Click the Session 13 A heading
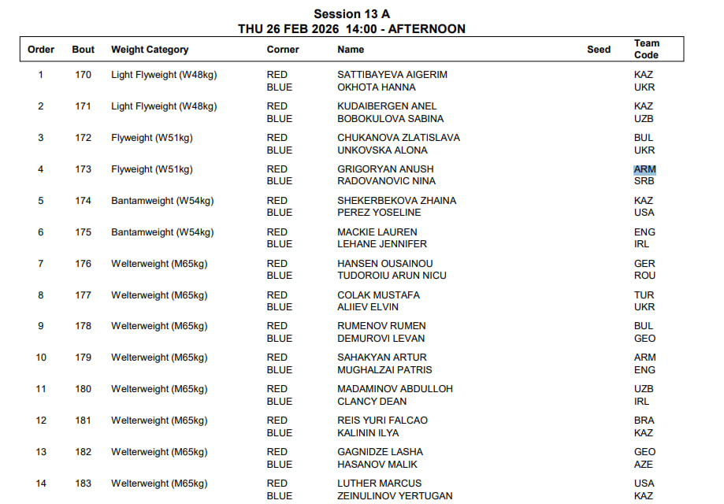click(351, 14)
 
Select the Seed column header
click(599, 50)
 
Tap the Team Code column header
click(646, 49)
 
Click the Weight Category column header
click(150, 50)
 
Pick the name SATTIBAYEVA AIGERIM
click(392, 75)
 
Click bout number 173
click(83, 169)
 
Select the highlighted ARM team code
click(644, 169)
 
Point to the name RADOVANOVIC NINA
click(386, 181)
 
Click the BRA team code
click(644, 421)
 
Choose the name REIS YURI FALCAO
click(382, 421)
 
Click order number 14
click(41, 484)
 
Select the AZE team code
click(644, 465)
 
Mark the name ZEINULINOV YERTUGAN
click(395, 496)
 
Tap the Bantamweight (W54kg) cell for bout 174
click(162, 201)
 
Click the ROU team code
click(644, 276)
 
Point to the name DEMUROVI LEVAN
click(381, 339)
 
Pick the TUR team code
click(644, 295)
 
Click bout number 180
click(83, 389)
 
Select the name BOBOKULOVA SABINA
click(390, 119)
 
